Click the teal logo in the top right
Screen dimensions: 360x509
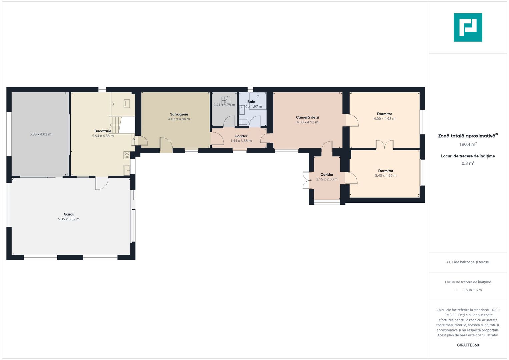pos(468,27)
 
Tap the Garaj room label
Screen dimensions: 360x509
pos(69,214)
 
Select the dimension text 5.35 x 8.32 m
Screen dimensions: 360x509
pos(69,219)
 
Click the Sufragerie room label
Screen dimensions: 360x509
pos(179,114)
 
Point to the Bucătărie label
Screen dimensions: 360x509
pos(103,131)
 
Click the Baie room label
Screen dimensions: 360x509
pos(251,102)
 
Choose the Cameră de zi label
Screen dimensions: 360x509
pos(307,117)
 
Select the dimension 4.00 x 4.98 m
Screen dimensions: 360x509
pos(384,119)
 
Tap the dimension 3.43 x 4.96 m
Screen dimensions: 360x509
pos(386,176)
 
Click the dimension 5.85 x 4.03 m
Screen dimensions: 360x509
pos(40,134)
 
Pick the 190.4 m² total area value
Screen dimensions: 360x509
pos(468,144)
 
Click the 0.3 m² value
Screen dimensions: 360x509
pos(468,163)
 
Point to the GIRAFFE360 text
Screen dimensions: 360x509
pos(468,345)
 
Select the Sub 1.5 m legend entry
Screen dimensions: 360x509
pos(473,290)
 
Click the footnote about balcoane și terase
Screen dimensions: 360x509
pos(468,262)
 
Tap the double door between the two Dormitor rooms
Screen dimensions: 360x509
pos(385,145)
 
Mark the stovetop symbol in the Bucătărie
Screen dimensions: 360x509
pos(127,155)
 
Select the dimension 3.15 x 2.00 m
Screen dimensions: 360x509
pos(327,179)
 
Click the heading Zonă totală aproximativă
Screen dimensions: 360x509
pos(467,136)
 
